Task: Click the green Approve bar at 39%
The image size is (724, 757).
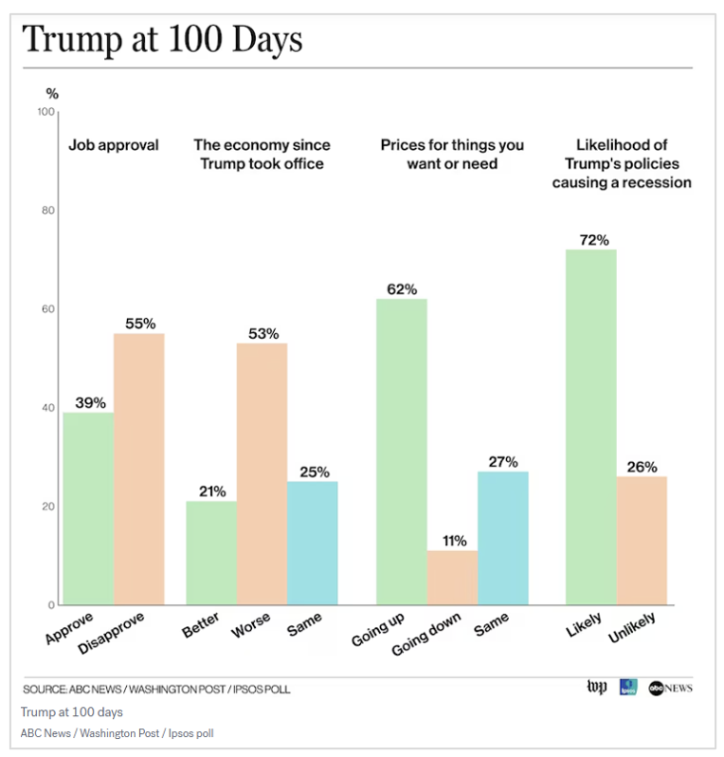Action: [88, 508]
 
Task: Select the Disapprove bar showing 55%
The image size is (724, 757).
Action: [139, 470]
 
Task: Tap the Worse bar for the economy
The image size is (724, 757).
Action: [262, 474]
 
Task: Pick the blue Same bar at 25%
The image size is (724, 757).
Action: [313, 544]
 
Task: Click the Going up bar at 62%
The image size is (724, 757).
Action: [402, 452]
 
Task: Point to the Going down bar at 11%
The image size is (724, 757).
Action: [452, 578]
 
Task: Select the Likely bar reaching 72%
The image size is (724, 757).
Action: [591, 427]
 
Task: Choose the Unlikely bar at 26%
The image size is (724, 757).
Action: [642, 541]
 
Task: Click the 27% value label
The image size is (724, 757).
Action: [503, 462]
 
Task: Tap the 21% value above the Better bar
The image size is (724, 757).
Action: [212, 491]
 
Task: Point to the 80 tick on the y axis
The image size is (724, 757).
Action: [47, 211]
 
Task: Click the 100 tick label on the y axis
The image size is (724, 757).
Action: [45, 112]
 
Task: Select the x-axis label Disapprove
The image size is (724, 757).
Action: [111, 633]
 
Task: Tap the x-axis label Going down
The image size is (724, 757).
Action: [425, 635]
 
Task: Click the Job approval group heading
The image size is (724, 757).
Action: [114, 145]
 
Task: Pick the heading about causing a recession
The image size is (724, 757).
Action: [622, 164]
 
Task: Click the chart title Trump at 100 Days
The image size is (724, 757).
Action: [163, 40]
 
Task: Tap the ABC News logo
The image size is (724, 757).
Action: [671, 688]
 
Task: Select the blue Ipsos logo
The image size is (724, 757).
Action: [628, 687]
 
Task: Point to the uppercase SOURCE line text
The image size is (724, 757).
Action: [156, 690]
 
